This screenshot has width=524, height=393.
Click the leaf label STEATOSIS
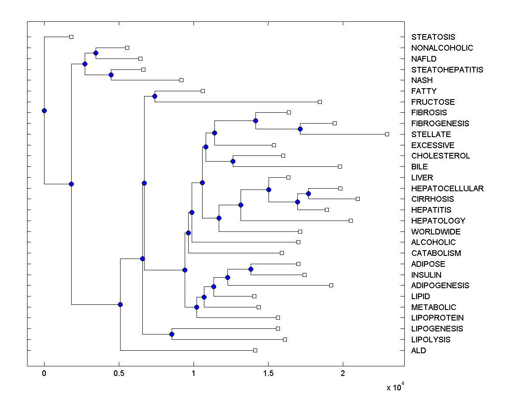click(x=433, y=37)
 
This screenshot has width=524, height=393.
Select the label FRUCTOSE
click(x=433, y=102)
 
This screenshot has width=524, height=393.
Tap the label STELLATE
click(x=431, y=134)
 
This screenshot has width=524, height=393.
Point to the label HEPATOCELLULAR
click(x=447, y=188)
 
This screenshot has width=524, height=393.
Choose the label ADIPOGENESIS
click(x=440, y=285)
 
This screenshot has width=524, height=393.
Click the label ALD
click(x=418, y=350)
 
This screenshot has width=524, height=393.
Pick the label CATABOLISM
click(x=436, y=253)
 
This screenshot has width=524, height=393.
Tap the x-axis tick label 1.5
click(x=268, y=373)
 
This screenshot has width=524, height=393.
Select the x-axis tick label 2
click(x=343, y=373)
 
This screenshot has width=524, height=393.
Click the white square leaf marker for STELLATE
click(x=387, y=134)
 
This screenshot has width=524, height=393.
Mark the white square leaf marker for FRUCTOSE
click(x=320, y=102)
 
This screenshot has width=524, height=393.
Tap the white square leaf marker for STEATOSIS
click(x=72, y=37)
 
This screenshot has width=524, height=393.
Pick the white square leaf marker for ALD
click(x=255, y=350)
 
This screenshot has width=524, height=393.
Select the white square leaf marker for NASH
click(x=181, y=80)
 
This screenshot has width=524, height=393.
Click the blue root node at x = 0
click(x=44, y=110)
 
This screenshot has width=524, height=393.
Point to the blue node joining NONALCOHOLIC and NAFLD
click(x=96, y=53)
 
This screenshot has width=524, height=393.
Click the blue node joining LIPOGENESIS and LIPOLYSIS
click(x=172, y=334)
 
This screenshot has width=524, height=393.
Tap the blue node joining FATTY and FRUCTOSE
click(x=155, y=96)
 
